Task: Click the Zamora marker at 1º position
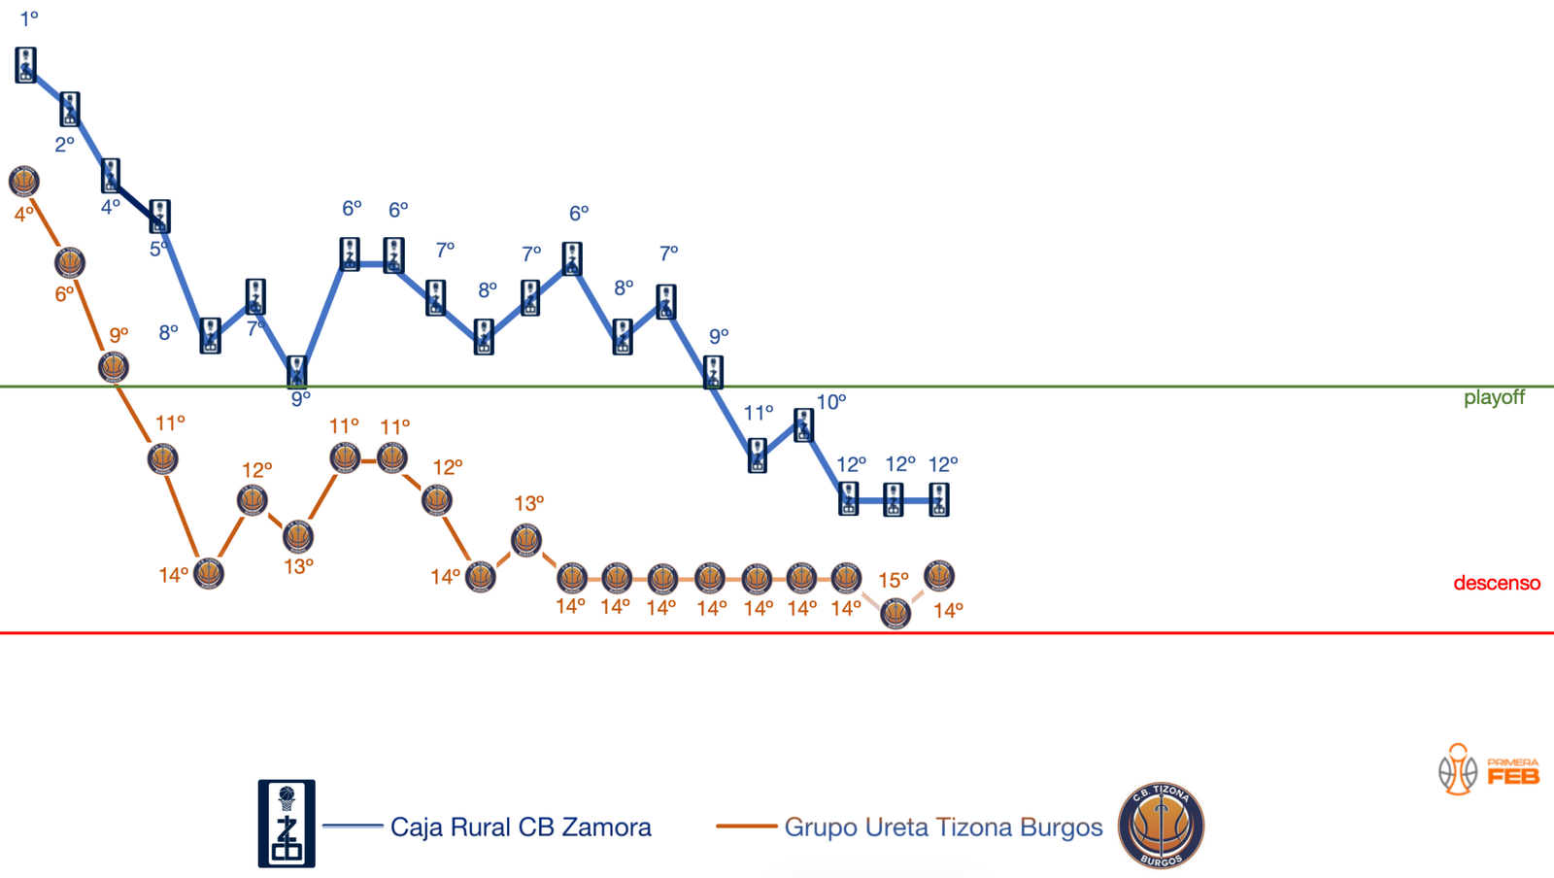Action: (26, 65)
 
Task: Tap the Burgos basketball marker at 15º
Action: (895, 613)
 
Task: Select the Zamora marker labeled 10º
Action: (803, 424)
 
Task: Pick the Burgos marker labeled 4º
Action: (24, 181)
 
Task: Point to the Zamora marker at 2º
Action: (70, 109)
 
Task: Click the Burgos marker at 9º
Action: (114, 367)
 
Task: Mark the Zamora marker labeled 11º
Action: (758, 455)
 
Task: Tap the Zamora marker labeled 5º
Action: (159, 216)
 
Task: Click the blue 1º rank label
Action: (29, 18)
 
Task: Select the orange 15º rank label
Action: (893, 581)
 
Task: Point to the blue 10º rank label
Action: (830, 402)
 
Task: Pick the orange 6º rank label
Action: (64, 294)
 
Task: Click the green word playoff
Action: (1494, 397)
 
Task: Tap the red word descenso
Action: (1496, 583)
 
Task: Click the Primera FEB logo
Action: (1488, 769)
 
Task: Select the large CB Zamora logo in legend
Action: (287, 823)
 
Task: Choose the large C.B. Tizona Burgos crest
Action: (1161, 826)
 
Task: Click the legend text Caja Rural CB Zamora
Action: (521, 827)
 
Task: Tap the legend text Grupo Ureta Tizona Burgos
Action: (943, 827)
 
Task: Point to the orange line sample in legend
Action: (746, 827)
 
